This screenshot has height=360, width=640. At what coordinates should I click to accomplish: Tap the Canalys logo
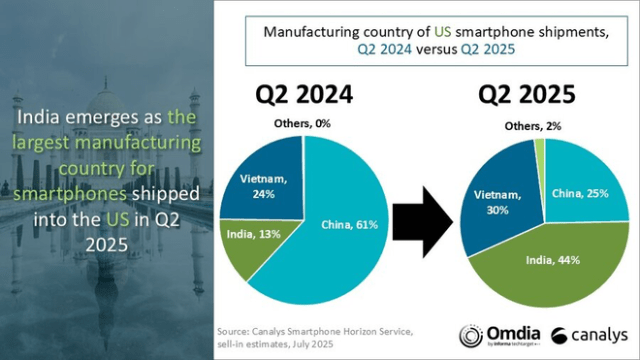coord(588,334)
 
